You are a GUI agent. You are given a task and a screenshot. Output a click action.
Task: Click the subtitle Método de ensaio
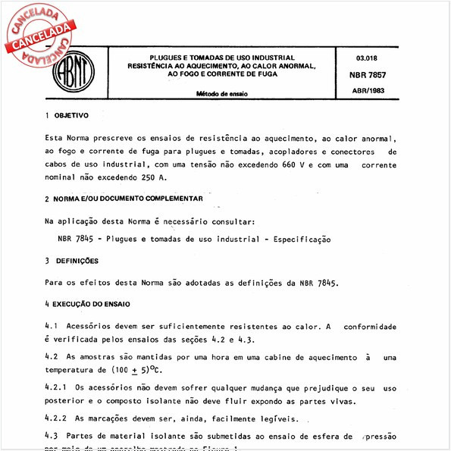tap(223, 95)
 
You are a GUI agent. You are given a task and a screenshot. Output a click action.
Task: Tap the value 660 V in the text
tap(292, 164)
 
